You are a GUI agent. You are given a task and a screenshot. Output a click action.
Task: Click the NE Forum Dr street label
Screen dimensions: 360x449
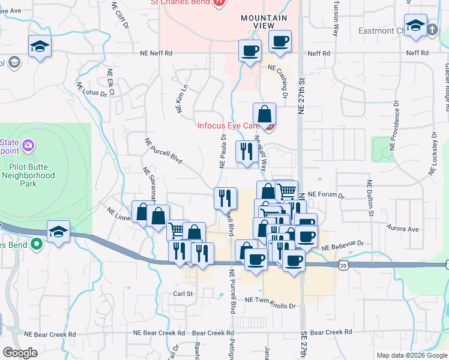tap(327, 195)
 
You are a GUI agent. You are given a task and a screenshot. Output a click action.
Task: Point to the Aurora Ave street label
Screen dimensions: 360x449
tap(404, 229)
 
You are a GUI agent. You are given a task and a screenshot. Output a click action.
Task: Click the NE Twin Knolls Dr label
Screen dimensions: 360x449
tap(271, 305)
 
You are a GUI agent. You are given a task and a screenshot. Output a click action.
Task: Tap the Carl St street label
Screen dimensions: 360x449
tap(182, 294)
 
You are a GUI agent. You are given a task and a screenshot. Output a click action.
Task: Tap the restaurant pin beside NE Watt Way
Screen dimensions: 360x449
tap(246, 152)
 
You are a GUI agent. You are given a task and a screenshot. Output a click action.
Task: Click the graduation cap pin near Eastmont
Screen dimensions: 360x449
tap(415, 26)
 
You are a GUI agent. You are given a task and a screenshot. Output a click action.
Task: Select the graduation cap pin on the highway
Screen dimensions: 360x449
tap(58, 232)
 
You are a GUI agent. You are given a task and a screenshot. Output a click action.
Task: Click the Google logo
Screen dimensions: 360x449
tap(20, 353)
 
